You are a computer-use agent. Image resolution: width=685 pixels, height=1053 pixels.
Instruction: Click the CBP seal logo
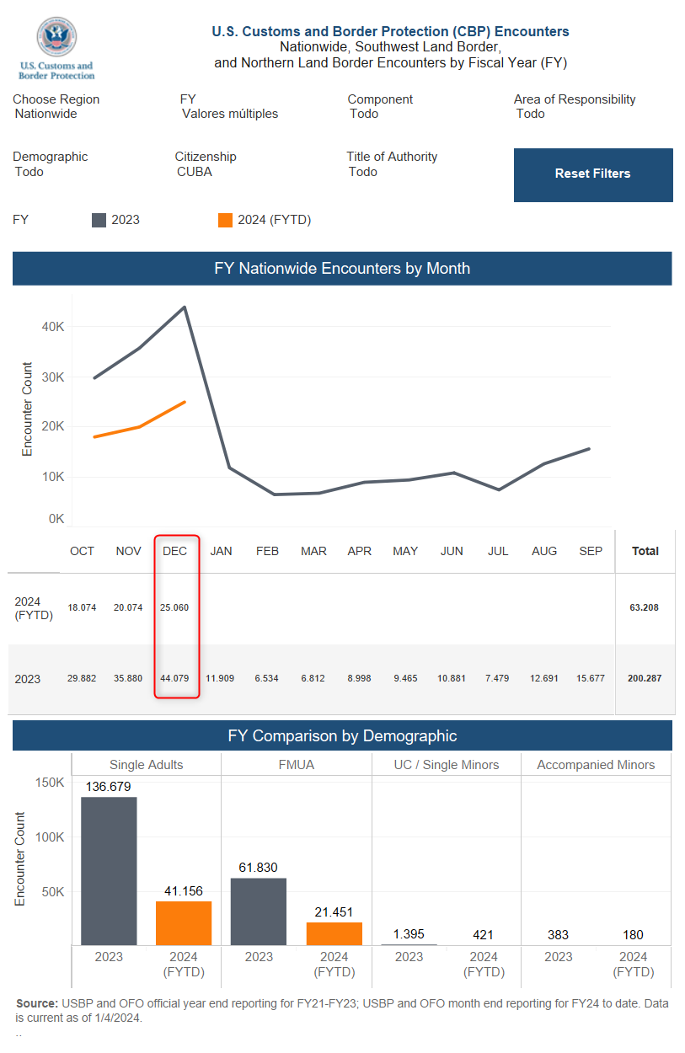57,37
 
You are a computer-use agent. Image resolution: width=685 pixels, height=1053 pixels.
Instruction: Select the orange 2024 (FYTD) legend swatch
225,220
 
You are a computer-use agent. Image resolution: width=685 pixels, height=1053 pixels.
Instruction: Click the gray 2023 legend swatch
99,220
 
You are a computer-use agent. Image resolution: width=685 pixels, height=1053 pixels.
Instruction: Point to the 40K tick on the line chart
52,327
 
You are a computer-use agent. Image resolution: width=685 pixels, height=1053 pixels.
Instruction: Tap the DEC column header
175,551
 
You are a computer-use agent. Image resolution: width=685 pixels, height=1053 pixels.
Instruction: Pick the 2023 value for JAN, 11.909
220,678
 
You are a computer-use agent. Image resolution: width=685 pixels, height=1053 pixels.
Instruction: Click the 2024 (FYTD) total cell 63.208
644,607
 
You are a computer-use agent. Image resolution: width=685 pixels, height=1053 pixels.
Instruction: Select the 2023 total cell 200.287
645,678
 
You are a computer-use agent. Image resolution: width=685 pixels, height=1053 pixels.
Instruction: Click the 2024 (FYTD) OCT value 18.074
82,607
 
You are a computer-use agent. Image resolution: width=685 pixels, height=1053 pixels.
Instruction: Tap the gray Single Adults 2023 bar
109,871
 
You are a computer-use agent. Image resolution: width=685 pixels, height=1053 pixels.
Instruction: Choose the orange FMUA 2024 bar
334,933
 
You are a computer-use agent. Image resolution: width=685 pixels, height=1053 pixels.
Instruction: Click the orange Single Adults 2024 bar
184,923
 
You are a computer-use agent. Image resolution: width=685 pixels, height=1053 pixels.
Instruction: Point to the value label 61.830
258,868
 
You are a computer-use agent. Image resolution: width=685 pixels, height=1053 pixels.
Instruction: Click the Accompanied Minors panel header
596,765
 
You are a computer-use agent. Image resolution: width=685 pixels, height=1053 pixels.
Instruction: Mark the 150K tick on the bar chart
50,783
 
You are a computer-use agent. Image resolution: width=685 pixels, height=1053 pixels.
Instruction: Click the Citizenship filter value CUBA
195,172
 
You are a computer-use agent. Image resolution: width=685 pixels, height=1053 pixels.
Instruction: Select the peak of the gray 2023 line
185,307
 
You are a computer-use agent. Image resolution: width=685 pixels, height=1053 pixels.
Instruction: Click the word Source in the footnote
37,1003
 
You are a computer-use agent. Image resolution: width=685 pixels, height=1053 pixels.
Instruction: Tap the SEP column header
591,551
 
